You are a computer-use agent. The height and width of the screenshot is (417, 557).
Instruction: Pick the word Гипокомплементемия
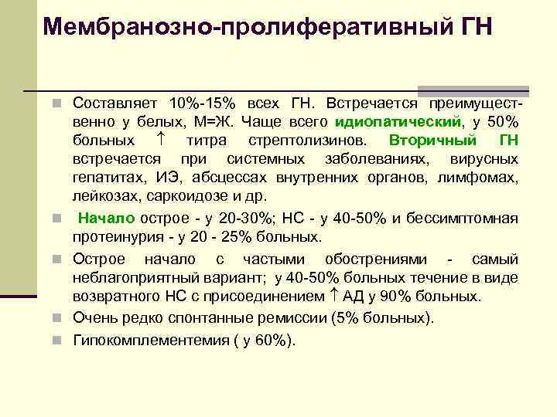pos(145,340)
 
